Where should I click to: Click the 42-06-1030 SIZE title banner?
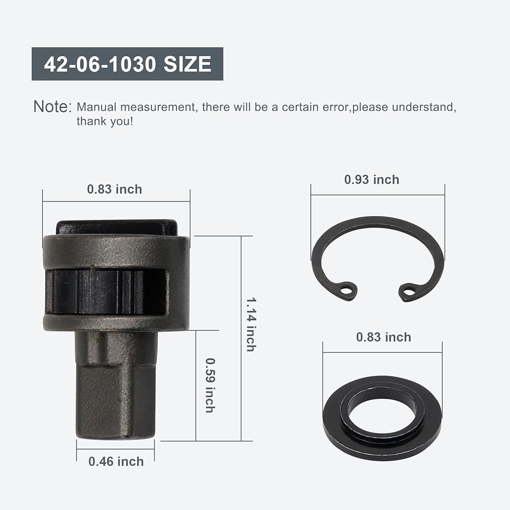(127, 64)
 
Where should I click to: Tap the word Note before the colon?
(50, 107)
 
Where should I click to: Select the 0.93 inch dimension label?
(372, 180)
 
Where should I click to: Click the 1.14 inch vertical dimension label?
(251, 324)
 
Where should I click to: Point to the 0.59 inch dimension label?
(211, 386)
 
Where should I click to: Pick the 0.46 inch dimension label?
(116, 462)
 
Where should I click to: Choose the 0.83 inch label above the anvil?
(114, 189)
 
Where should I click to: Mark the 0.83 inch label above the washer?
(384, 337)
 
